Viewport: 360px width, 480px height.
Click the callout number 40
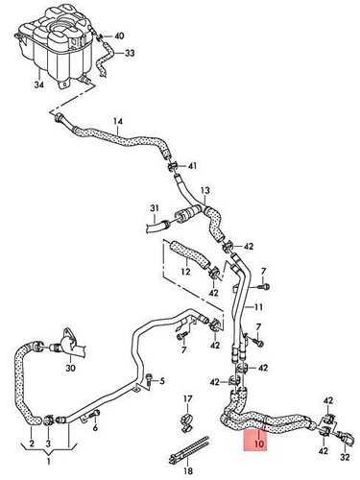tap(119, 36)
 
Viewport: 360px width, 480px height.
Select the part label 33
tap(130, 54)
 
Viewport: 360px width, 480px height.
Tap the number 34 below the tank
tap(38, 85)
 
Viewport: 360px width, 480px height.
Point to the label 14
tap(118, 121)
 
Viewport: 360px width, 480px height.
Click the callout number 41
tap(192, 167)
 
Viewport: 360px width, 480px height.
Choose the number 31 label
tap(153, 208)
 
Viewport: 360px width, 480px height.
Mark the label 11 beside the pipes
tap(258, 306)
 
